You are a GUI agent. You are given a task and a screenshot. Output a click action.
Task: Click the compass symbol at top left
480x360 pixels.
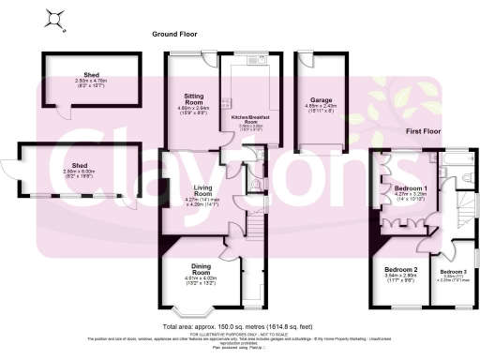tap(58, 18)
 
